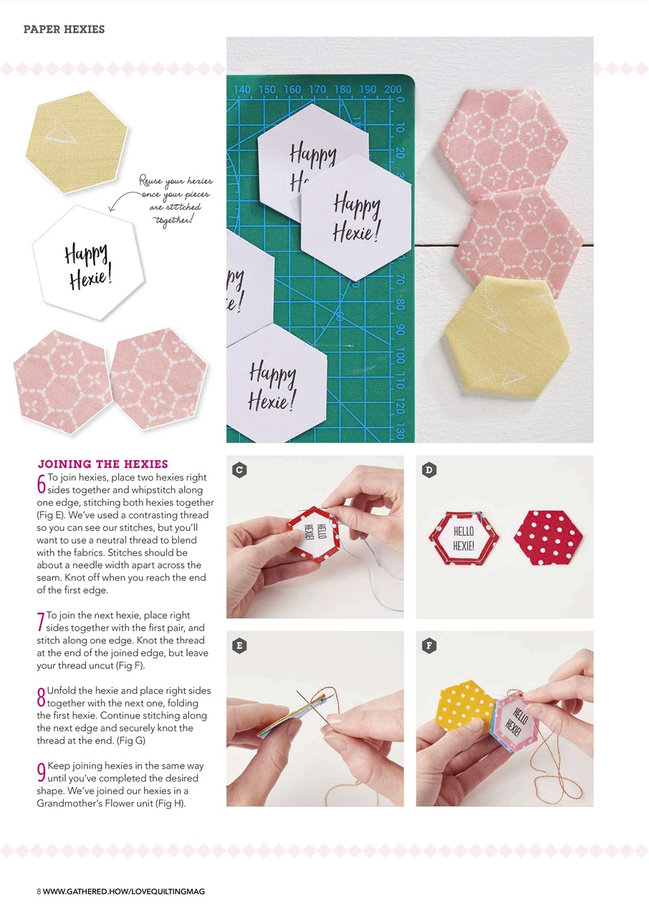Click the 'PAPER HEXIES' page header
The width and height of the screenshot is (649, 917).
64,29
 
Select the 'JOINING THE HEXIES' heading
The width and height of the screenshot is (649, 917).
102,464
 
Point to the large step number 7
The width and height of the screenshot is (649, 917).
41,621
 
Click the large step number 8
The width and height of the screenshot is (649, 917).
41,696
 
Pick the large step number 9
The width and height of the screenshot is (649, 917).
41,772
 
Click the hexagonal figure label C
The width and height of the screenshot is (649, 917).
240,470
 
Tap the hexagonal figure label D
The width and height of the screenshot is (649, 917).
429,470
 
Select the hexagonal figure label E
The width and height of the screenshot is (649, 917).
240,645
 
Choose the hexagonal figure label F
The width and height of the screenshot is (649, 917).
429,645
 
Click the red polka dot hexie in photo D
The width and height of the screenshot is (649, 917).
549,538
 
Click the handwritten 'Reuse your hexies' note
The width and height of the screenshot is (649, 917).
176,201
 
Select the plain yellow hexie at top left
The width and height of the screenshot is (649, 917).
76,142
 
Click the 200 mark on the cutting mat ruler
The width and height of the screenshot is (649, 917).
392,90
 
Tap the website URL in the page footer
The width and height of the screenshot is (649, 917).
124,891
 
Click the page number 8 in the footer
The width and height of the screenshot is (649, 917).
39,891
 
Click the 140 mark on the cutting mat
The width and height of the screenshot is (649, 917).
242,90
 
